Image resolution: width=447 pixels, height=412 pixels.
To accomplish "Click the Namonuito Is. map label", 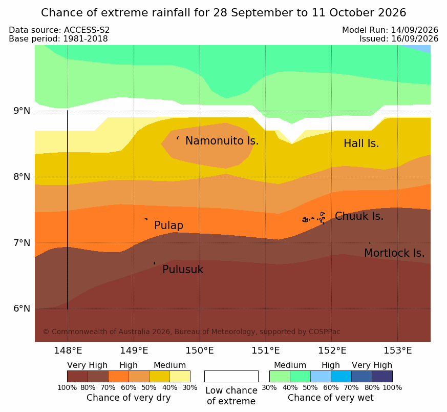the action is (222, 140).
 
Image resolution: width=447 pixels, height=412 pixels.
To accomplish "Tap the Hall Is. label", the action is (361, 143).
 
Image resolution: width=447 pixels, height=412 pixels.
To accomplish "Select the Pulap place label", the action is (169, 225).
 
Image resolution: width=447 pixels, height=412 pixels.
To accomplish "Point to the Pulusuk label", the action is (183, 270).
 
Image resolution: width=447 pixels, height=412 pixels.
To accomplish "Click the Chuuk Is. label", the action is (359, 216).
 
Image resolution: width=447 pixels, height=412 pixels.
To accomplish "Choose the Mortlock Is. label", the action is (394, 253).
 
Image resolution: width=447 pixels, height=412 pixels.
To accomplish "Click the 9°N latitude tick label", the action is (22, 110).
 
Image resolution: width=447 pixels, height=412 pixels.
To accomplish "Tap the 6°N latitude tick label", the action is (22, 308).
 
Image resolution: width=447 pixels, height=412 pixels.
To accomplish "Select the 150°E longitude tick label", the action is (200, 351).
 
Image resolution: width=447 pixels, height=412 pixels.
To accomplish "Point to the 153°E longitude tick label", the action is (398, 351).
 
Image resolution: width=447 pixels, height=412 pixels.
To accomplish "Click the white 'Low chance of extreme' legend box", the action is (231, 376).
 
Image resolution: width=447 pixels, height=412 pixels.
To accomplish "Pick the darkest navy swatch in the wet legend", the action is (382, 376).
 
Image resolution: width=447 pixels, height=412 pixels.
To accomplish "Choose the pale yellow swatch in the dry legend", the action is (180, 376).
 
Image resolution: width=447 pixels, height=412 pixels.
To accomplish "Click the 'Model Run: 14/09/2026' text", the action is (390, 30).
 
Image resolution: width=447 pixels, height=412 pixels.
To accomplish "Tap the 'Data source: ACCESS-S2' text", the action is (59, 30).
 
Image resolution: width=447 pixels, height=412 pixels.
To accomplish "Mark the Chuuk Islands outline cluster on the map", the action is (313, 218).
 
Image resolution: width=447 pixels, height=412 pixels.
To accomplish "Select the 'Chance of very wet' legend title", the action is (330, 398).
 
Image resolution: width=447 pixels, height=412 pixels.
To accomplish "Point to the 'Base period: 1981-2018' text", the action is (58, 38).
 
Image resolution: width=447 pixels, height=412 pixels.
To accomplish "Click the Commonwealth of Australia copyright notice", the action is (191, 332).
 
